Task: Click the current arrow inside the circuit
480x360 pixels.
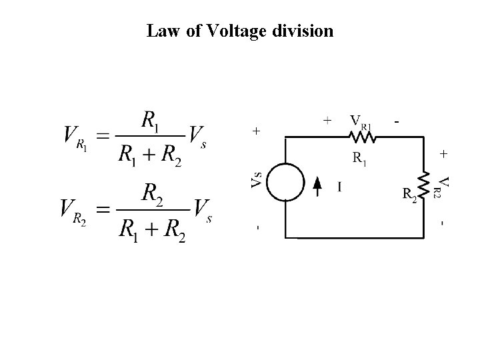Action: click(318, 186)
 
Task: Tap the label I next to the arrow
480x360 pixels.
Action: click(339, 187)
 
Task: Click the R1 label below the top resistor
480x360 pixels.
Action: click(359, 159)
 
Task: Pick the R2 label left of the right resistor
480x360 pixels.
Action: click(410, 195)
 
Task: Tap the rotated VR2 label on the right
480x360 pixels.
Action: click(444, 186)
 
